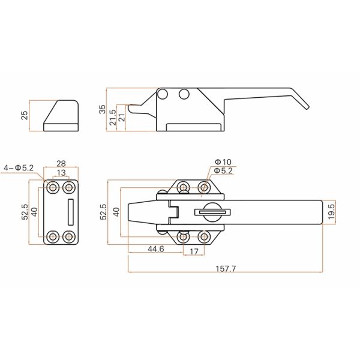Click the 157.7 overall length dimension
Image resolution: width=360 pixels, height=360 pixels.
[226, 268]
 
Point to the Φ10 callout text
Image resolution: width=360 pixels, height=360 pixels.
[222, 162]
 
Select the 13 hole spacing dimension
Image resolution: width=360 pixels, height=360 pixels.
[61, 173]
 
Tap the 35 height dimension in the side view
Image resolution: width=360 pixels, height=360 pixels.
[103, 109]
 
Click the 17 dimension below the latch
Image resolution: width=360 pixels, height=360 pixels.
[193, 252]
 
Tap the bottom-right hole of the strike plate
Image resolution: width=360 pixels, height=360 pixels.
[70, 236]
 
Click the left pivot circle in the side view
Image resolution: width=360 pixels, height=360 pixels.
[162, 94]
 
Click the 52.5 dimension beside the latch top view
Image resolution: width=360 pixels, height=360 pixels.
[103, 212]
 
